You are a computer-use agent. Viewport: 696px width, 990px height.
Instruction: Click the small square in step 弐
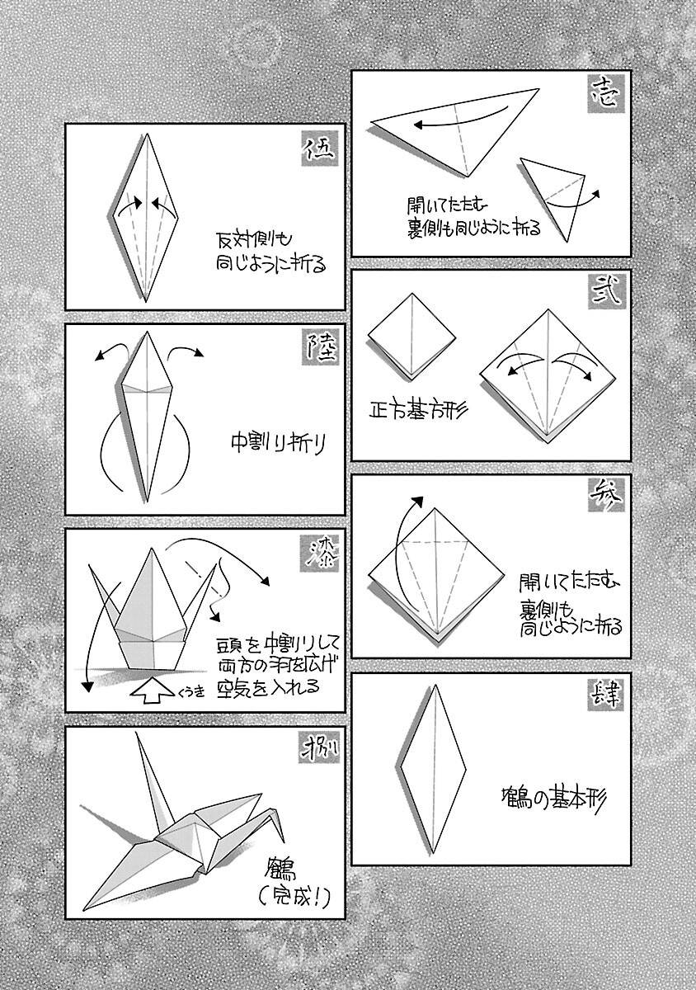(411, 330)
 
